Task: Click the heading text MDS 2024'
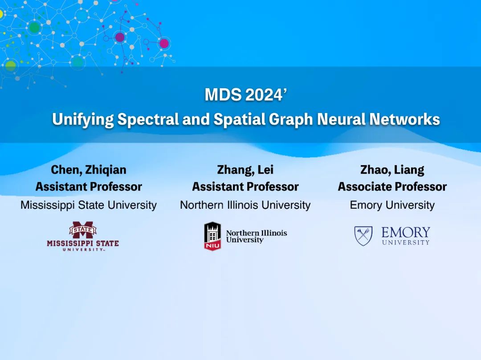pos(245,94)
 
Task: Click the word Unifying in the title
pos(83,120)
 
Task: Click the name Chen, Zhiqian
pos(89,170)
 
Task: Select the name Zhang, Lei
pos(245,170)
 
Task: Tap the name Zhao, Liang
pos(392,170)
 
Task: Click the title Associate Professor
pos(392,186)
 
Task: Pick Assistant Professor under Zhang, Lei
pos(245,186)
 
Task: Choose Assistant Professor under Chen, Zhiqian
pos(89,186)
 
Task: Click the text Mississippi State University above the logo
pos(89,205)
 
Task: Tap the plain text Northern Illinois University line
pos(245,205)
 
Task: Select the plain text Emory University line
pos(392,205)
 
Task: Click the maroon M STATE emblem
pos(83,230)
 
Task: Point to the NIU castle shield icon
pos(212,236)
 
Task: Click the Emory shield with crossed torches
pos(363,235)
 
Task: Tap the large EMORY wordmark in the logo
pos(406,232)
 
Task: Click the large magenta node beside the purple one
pos(164,44)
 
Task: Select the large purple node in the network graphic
pos(120,37)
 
